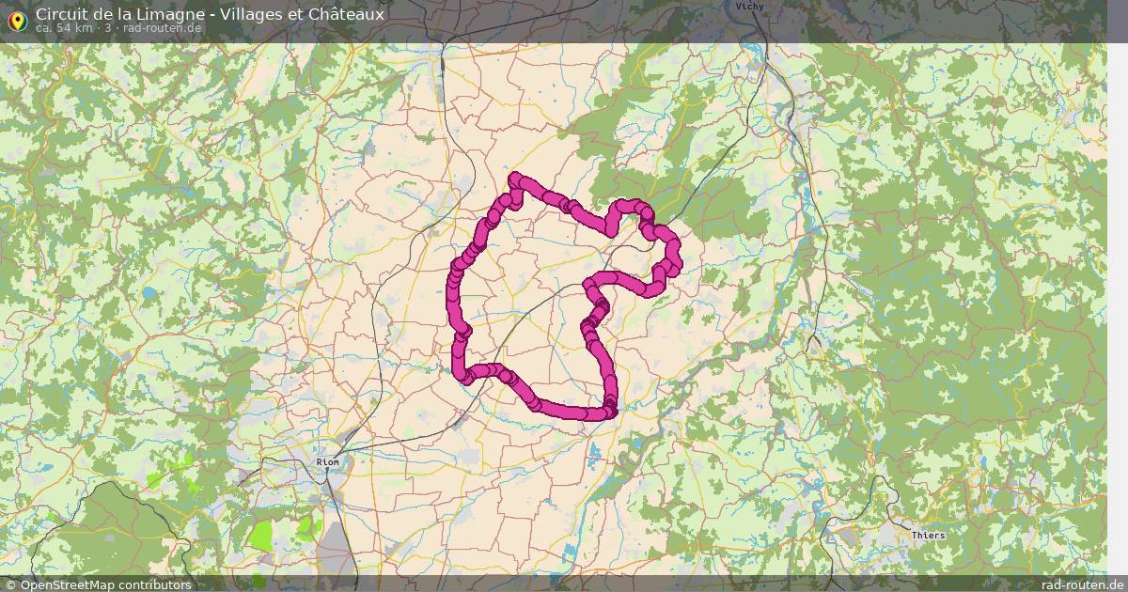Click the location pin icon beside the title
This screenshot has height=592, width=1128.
point(16,18)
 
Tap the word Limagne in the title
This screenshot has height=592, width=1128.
point(177,14)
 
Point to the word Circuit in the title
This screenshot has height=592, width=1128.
point(62,14)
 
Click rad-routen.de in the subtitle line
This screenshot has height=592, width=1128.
point(162,28)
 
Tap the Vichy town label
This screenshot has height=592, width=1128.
point(749,6)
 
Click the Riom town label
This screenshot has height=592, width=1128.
point(328,462)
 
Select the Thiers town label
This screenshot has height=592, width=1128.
point(929,536)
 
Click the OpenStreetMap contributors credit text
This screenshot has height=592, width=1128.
point(105,584)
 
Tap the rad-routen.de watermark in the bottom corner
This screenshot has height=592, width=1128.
point(1081,584)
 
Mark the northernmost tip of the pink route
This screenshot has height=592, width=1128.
point(514,177)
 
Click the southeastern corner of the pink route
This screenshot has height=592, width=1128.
point(610,410)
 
